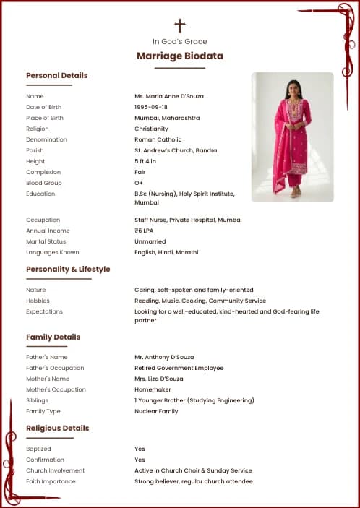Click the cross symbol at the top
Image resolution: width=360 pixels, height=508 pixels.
180,25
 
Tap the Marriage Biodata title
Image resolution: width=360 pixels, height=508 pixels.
180,56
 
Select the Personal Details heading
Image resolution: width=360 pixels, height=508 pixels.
56,75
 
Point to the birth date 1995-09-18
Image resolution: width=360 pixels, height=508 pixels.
150,107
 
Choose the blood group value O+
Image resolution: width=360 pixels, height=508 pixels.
139,183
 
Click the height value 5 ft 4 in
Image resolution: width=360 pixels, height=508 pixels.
145,161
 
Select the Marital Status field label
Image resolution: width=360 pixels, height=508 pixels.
46,241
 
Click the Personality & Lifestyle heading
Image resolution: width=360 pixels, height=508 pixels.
68,269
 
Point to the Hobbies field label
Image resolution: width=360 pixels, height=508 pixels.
38,301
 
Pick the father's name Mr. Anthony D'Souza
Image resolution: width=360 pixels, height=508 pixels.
164,357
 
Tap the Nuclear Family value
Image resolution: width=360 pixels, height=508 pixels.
156,411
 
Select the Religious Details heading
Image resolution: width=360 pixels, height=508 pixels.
57,428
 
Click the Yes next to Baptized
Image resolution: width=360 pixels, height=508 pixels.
140,449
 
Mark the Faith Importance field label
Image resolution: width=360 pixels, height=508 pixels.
51,481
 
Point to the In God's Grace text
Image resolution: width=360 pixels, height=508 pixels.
180,41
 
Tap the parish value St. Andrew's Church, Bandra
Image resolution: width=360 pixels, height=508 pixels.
176,150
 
